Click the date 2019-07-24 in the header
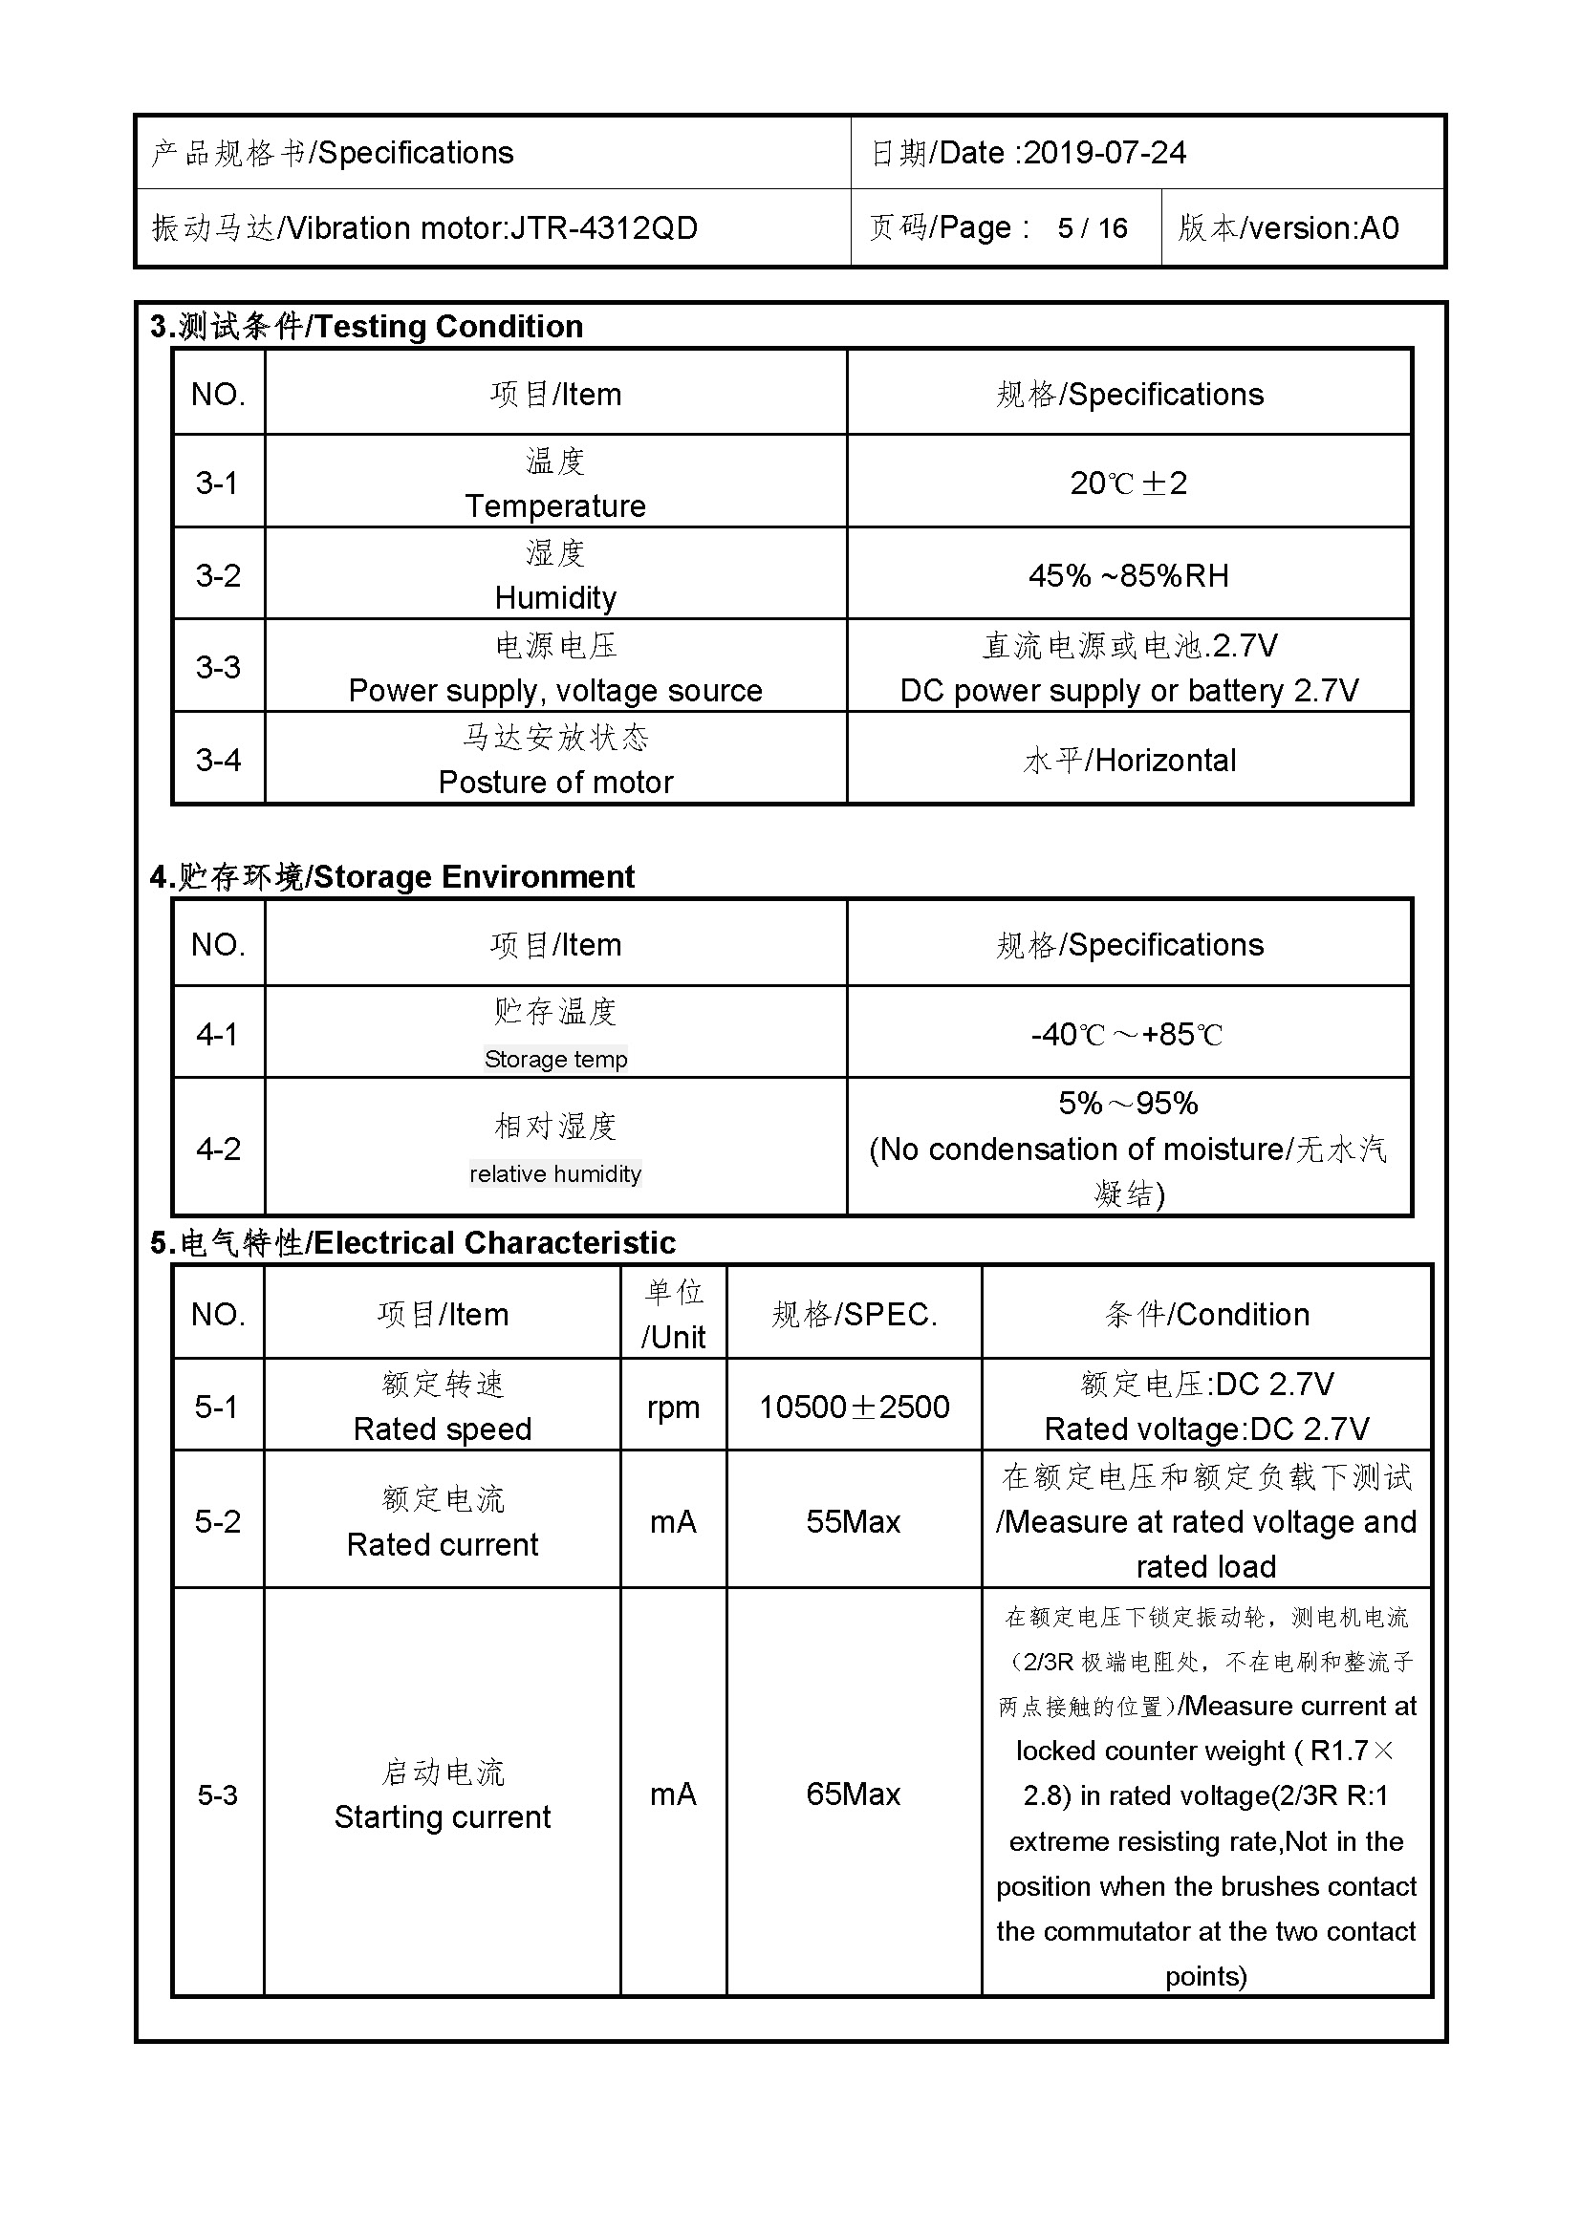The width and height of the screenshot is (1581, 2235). pos(1105,153)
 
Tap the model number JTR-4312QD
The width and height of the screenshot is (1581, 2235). pos(603,228)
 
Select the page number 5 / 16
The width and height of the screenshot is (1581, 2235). pos(1093,228)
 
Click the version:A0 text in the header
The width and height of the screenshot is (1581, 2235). pos(1323,228)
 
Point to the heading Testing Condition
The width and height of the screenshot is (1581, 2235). pos(449,327)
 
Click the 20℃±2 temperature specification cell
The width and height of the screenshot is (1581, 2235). pos(1128,483)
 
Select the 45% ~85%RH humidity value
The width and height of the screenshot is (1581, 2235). pos(1128,575)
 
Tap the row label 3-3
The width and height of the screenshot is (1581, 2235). pos(218,667)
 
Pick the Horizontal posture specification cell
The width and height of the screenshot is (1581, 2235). pos(1128,760)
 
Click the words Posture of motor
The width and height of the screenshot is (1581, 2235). pos(555,782)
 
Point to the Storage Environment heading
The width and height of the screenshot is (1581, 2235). pos(474,877)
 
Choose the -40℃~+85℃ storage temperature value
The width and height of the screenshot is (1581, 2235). pos(1126,1034)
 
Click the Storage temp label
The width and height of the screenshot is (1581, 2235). pos(556,1059)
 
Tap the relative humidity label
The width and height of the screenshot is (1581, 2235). pos(555,1174)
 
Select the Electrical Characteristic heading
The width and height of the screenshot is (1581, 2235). pos(494,1243)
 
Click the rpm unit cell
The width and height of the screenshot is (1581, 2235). pos(673,1407)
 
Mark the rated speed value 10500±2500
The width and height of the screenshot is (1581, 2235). pos(854,1407)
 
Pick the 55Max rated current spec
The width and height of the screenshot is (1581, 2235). pos(853,1521)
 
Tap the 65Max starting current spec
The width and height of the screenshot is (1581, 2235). pos(853,1794)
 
